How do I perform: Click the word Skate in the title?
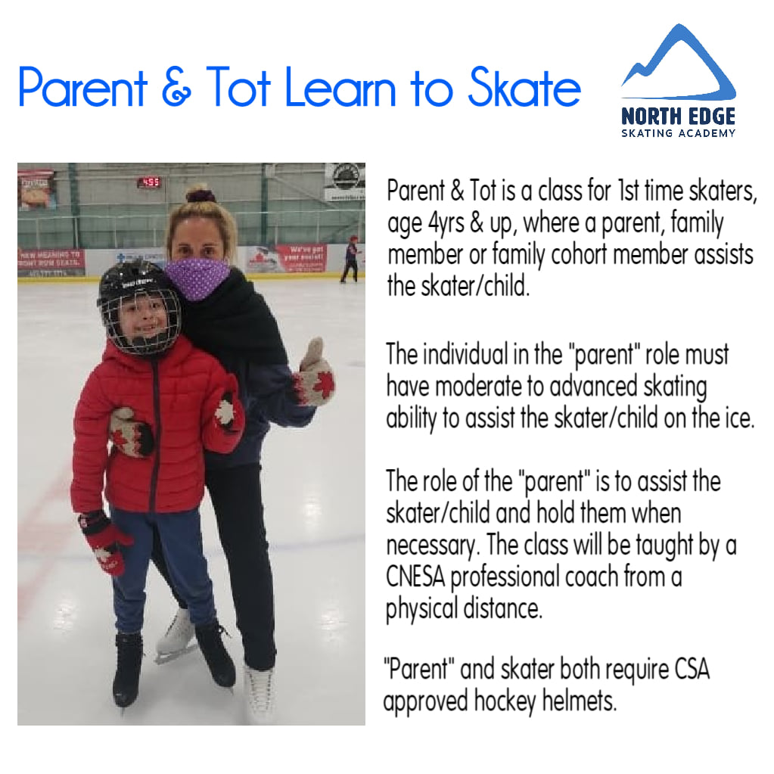525,87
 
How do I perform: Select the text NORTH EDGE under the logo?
678,117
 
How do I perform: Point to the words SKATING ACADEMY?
678,133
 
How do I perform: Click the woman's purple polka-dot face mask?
197,278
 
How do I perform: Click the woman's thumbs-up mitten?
315,373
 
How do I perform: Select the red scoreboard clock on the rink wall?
149,182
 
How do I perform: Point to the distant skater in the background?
350,260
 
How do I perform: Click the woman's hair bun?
200,194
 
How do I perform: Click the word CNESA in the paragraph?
415,577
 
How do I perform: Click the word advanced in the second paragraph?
593,387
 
